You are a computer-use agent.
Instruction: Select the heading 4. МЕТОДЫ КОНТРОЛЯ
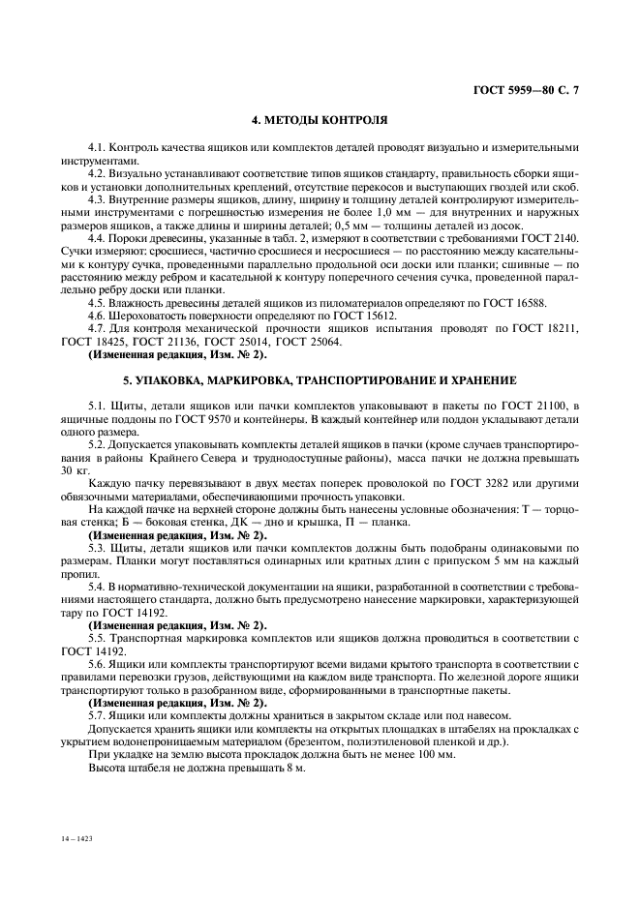tap(320, 122)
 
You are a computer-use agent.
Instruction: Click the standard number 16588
tap(527, 303)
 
